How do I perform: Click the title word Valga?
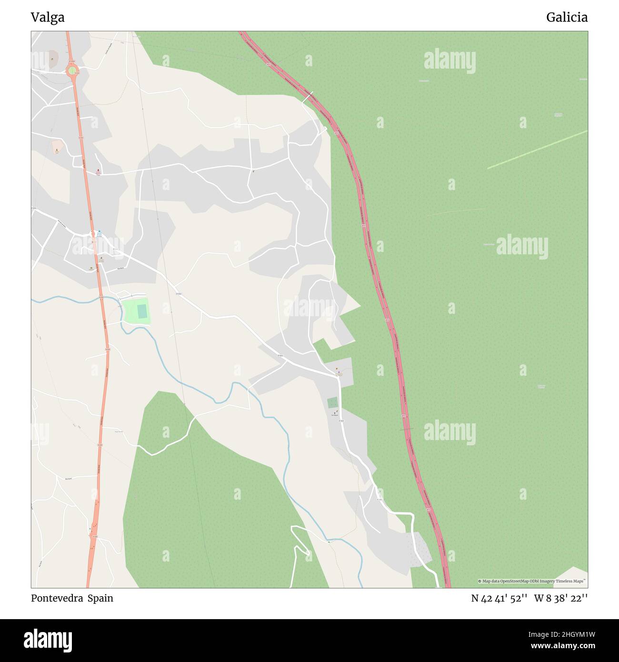[x=48, y=18]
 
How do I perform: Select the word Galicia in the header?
[x=567, y=18]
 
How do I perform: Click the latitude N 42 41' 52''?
[x=499, y=598]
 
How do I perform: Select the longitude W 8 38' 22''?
[x=561, y=598]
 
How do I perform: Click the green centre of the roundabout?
[x=72, y=70]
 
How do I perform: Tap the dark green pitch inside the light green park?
[x=142, y=311]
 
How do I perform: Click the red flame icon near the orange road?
[x=99, y=170]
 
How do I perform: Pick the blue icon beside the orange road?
[x=100, y=232]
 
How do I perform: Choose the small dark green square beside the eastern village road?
[x=332, y=402]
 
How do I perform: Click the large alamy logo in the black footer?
[x=48, y=640]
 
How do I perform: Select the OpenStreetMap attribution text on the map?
[x=532, y=581]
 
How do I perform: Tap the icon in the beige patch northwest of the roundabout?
[x=52, y=59]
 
